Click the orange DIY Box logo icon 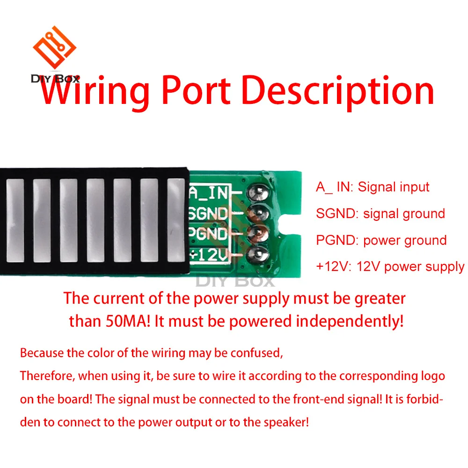[x=54, y=48]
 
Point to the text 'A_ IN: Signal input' [x=373, y=187]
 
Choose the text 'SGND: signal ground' [x=380, y=214]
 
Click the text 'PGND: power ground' [x=381, y=241]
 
